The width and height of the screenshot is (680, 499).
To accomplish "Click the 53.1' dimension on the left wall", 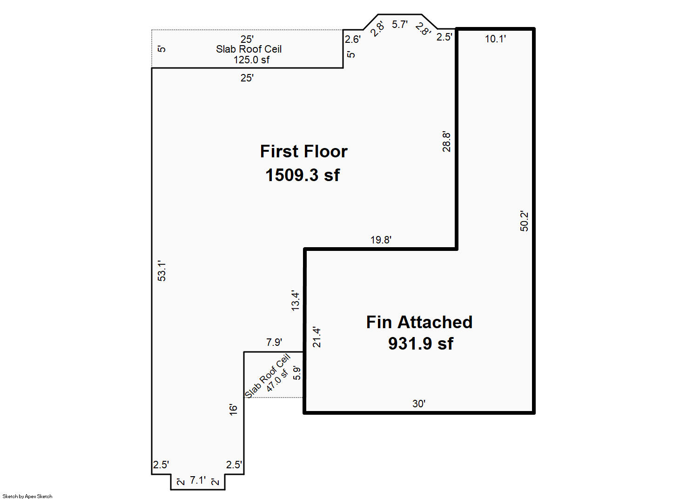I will (x=162, y=270).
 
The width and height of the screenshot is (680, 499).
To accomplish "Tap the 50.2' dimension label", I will (x=524, y=221).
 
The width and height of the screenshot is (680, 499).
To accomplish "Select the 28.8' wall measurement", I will (x=446, y=142).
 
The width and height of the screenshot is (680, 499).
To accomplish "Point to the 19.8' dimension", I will (x=381, y=240).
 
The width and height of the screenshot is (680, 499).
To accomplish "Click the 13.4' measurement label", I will (x=296, y=301).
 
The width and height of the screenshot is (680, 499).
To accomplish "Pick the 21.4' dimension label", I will (x=317, y=337).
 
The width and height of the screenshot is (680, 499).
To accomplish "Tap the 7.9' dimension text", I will (x=274, y=342).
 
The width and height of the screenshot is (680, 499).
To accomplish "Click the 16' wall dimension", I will (x=233, y=410).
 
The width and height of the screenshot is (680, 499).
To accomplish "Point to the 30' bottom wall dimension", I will (x=419, y=404).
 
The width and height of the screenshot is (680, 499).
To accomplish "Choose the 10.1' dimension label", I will (x=495, y=39).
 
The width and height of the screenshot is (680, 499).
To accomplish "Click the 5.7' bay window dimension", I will (x=400, y=24).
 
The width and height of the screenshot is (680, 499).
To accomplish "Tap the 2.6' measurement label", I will (x=352, y=40).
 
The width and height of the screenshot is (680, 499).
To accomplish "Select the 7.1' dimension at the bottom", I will (x=198, y=480).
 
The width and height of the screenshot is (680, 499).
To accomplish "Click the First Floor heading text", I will (x=303, y=152).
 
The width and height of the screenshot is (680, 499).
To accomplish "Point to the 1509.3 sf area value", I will (x=303, y=175).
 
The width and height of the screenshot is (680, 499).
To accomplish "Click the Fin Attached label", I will (x=419, y=322).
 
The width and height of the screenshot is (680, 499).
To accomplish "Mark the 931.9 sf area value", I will (x=421, y=344).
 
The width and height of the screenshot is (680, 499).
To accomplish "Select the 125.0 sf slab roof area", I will (x=251, y=60).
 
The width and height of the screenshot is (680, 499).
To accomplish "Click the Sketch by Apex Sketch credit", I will (x=27, y=496).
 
